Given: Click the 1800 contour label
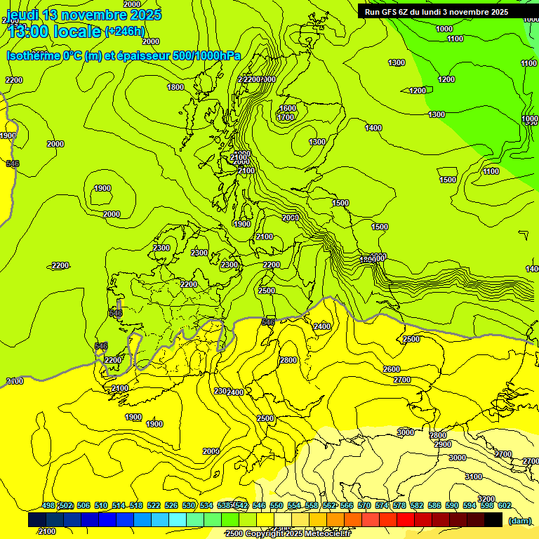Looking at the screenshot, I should coord(175,87).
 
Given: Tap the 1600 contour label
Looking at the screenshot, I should coord(287,108).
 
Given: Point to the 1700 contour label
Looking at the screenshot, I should coord(286,117).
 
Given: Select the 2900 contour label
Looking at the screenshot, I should coord(442,444).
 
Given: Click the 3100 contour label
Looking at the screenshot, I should coord(474,477).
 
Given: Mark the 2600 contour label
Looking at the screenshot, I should coord(392,369).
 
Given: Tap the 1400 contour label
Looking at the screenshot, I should coord(373,128).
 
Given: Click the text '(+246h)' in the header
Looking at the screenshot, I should coord(125,31).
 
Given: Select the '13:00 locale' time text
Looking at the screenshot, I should coord(54,31).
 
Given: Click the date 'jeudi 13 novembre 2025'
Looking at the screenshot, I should coord(84,14).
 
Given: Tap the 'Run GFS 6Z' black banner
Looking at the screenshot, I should coord(437,12).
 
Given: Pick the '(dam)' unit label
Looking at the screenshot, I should coord(519,521).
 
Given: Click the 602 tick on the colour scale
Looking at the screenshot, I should coord(504,505).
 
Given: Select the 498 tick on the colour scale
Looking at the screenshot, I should coord(48,505).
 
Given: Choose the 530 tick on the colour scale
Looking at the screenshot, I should coord(189,505).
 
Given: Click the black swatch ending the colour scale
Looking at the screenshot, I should coord(493,519).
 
